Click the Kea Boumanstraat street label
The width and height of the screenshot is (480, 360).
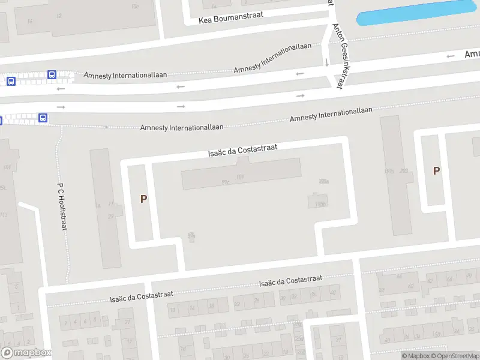(230, 19)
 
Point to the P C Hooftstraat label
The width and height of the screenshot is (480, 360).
(61, 206)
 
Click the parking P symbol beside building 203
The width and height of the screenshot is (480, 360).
(436, 170)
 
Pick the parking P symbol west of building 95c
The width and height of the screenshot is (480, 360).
(143, 199)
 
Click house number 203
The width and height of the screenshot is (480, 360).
(403, 172)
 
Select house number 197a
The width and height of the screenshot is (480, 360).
(389, 172)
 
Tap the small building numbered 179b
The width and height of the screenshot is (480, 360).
(320, 203)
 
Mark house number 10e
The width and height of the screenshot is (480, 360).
(134, 7)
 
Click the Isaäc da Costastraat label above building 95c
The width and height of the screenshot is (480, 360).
(242, 151)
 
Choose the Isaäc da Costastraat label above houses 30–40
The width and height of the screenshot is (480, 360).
(290, 281)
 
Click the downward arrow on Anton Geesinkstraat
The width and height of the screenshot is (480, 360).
(326, 62)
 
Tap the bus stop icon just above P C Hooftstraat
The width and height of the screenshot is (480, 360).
(43, 118)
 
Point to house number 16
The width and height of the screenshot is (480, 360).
(97, 205)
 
